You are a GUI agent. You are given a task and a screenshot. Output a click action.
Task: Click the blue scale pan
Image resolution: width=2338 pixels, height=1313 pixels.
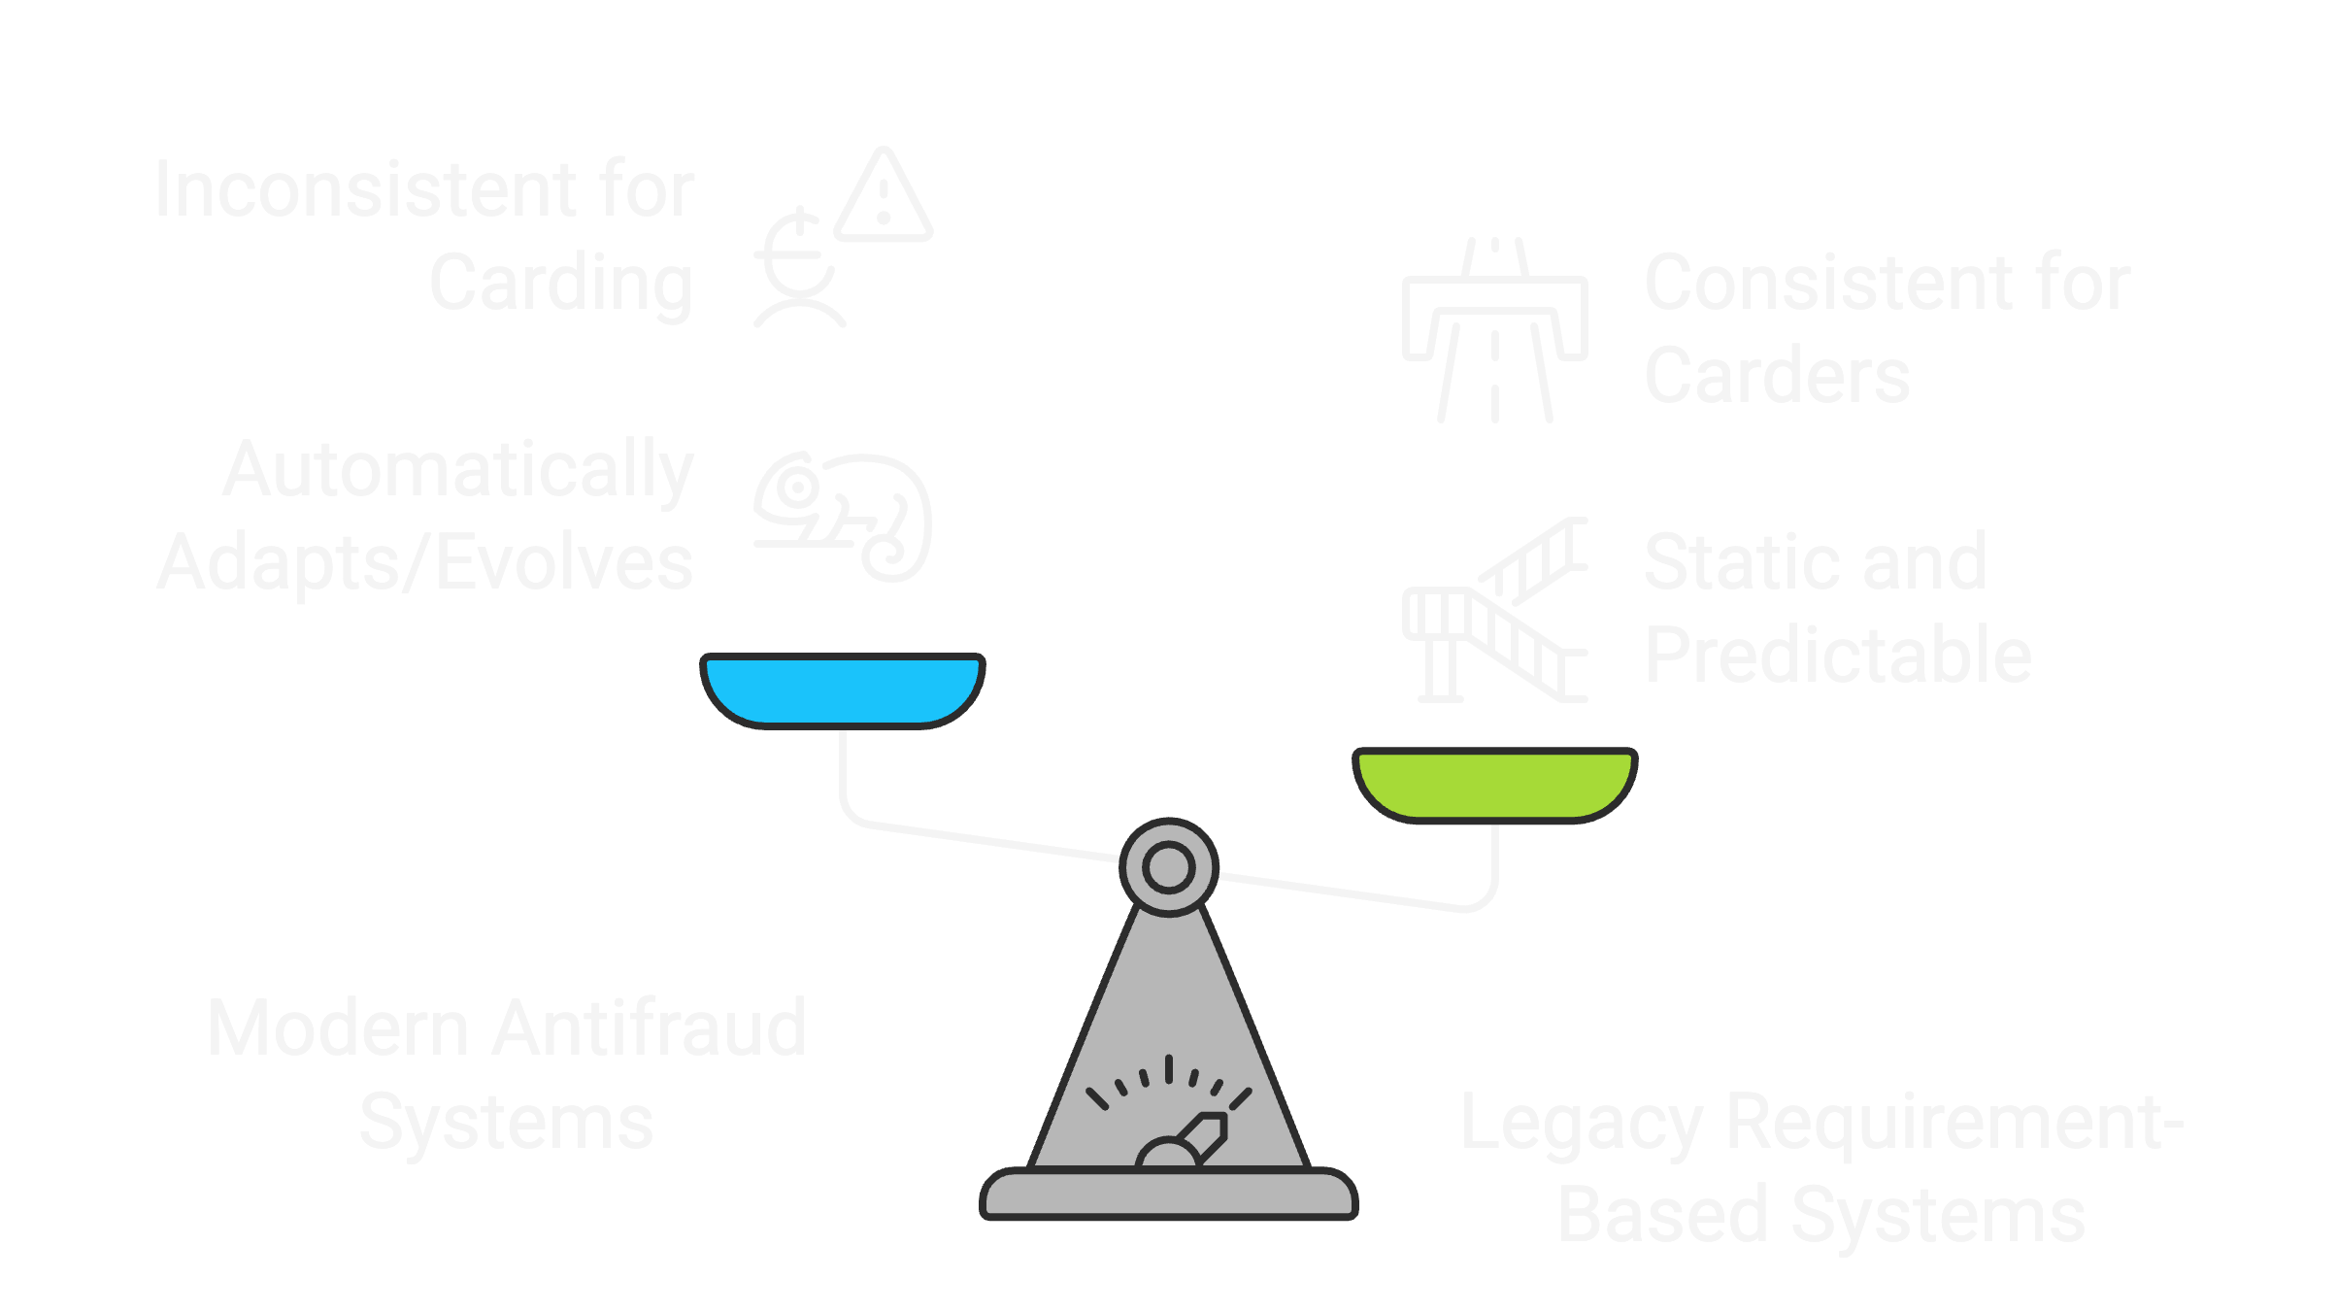(x=843, y=690)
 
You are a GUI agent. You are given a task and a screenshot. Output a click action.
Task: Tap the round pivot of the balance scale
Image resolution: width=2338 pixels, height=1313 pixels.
(x=1169, y=867)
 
